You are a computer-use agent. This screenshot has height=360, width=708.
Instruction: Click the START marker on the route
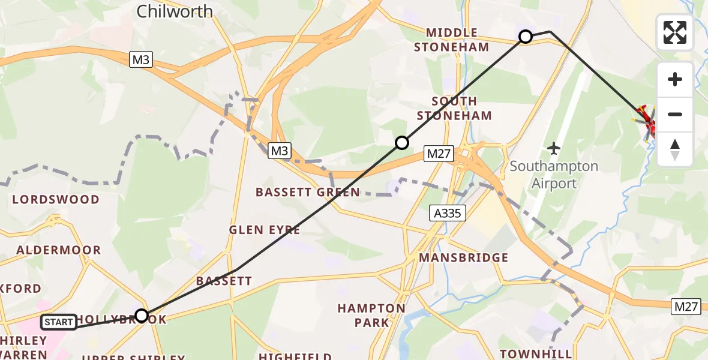59,323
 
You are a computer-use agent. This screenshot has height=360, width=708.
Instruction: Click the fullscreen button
675,32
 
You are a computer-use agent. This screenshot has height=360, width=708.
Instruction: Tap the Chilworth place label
175,11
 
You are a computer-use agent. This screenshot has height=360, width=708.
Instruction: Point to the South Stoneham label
454,108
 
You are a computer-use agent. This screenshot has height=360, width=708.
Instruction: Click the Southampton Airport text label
554,175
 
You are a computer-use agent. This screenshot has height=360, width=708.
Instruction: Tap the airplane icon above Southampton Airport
554,148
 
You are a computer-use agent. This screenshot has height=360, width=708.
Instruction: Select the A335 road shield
448,212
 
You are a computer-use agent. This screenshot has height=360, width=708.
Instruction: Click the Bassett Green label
308,193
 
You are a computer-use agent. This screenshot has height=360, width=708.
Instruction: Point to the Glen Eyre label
265,230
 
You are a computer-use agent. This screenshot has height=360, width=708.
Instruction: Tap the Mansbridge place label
464,258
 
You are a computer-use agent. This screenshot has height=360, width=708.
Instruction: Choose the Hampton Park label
371,316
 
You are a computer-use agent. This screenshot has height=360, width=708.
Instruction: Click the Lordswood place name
56,199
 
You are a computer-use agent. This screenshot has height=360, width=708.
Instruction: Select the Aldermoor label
59,250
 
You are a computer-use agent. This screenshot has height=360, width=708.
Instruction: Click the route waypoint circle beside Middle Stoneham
526,37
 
